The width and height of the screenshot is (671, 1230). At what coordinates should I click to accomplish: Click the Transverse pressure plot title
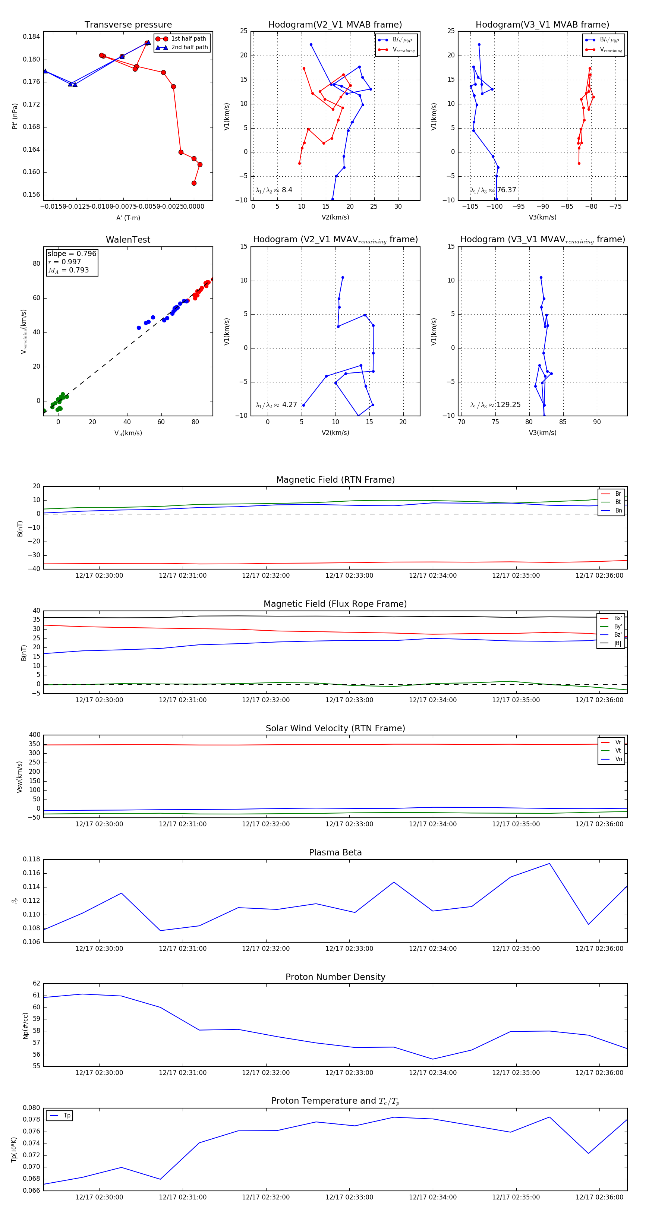[128, 25]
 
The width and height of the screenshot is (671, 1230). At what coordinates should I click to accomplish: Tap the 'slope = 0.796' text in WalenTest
[72, 253]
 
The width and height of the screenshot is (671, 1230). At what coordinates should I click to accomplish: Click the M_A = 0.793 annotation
[68, 270]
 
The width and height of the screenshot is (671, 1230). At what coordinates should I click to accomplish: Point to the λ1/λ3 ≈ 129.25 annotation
[495, 405]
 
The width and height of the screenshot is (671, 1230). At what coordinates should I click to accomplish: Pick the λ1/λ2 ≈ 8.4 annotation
[274, 190]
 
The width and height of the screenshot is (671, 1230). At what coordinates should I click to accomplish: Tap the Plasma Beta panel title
[335, 852]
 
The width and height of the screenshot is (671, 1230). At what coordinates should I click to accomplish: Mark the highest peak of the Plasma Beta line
[549, 863]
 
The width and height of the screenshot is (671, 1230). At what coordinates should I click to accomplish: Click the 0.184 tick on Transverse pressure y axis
[31, 37]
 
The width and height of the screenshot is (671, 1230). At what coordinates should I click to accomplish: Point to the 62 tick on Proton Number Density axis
[36, 984]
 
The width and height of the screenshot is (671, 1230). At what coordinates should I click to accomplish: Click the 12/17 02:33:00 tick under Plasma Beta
[349, 948]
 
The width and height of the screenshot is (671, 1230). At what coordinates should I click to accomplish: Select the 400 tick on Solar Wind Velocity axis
[34, 735]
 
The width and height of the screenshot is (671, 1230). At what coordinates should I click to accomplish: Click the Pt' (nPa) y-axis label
[15, 116]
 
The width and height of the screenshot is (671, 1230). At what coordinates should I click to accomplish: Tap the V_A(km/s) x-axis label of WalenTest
[128, 433]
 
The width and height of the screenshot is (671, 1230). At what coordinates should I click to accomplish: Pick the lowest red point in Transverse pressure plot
[194, 183]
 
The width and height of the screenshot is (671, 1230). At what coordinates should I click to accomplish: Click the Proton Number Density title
[335, 977]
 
